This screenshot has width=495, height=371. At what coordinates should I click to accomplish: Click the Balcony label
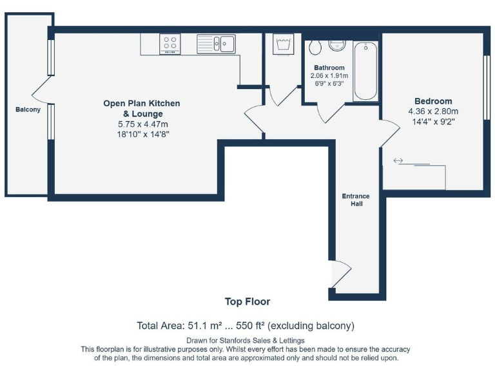[x=28, y=109]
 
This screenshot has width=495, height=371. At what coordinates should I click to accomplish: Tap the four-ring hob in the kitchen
[x=170, y=44]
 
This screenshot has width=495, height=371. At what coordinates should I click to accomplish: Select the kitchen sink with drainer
[x=217, y=44]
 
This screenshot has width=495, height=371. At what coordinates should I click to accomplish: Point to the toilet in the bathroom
[x=315, y=47]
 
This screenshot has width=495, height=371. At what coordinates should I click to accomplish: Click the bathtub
[x=365, y=71]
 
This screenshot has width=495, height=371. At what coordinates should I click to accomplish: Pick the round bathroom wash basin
[x=337, y=46]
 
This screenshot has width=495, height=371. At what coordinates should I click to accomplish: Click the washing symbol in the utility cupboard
[x=283, y=44]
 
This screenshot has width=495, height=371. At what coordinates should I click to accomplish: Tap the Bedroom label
[x=433, y=101]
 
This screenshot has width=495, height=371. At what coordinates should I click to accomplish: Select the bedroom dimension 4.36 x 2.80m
[x=433, y=111]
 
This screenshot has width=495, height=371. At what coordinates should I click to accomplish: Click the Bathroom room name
[x=329, y=68]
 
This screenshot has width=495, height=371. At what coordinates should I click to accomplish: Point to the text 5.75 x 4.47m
[x=143, y=124]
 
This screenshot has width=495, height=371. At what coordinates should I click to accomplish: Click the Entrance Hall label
[x=356, y=200]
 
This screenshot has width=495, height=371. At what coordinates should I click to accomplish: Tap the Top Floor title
[x=247, y=301]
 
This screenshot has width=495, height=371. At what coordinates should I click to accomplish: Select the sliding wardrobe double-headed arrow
[x=398, y=160]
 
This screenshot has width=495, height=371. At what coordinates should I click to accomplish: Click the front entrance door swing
[x=342, y=274]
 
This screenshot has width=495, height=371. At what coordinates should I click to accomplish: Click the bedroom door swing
[x=391, y=133]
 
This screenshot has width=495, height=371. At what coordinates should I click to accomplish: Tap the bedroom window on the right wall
[x=487, y=88]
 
